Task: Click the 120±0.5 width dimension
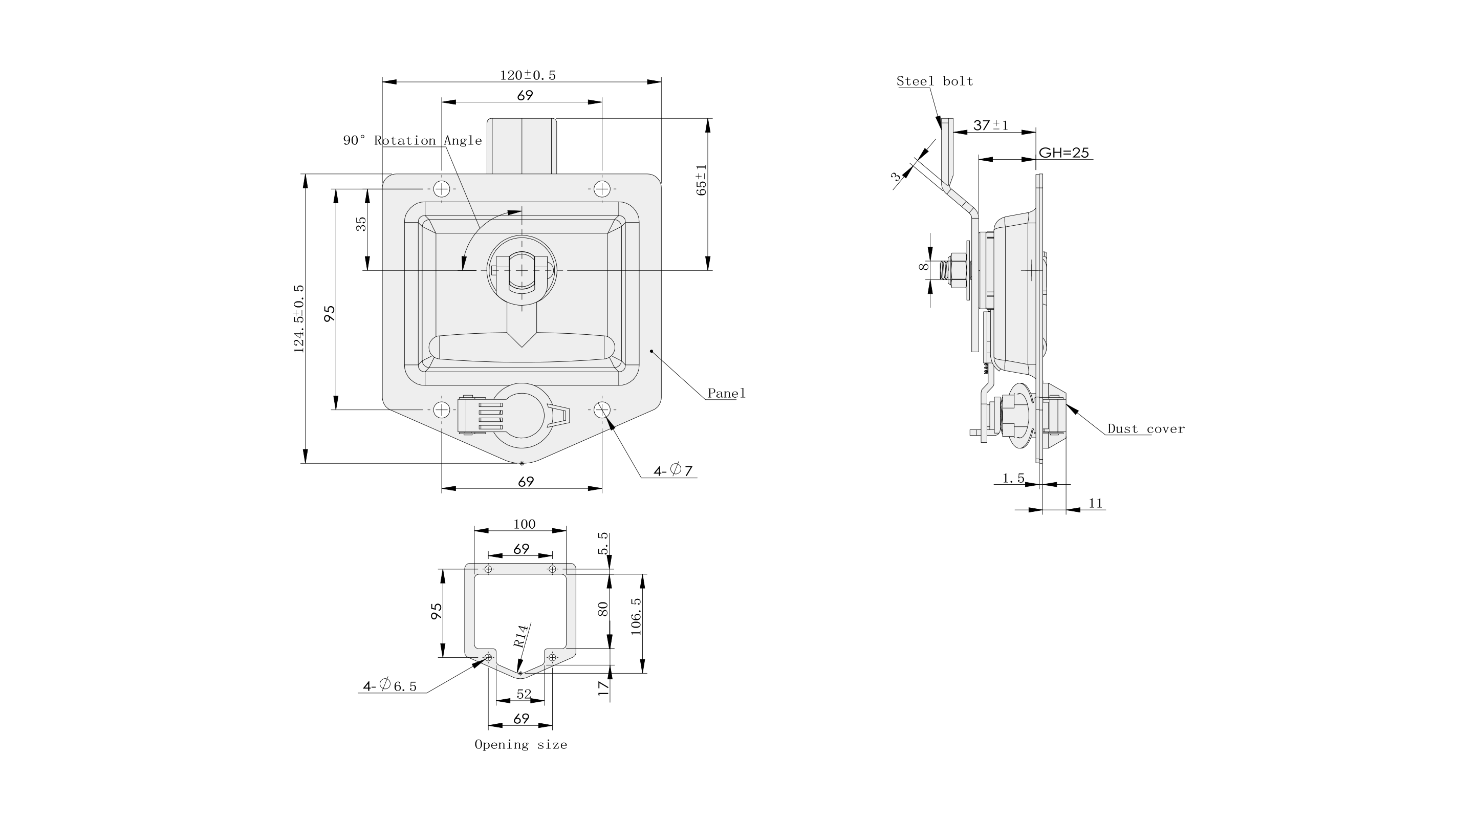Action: (528, 75)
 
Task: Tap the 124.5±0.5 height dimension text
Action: (299, 318)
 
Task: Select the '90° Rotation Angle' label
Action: (412, 141)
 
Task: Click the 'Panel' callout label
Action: (726, 393)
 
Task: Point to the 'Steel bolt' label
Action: (935, 81)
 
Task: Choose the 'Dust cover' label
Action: (1145, 429)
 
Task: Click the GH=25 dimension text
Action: (1063, 153)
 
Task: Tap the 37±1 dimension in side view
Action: (991, 124)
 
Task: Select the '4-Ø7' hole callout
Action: (673, 471)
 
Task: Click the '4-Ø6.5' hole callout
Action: (389, 685)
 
